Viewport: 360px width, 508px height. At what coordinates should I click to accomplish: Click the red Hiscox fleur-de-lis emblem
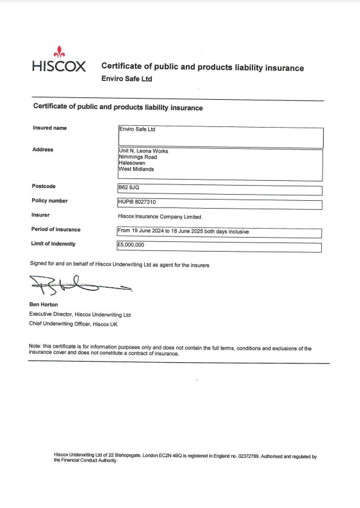click(x=58, y=51)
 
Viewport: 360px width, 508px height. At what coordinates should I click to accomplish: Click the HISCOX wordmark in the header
click(x=58, y=66)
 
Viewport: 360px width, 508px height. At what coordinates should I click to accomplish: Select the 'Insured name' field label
click(x=50, y=128)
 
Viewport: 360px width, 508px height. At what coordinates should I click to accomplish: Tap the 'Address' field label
click(x=42, y=149)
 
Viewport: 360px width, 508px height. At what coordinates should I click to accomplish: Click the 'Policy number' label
click(x=50, y=201)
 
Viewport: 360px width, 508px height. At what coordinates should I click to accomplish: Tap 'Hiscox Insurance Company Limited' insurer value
click(x=159, y=216)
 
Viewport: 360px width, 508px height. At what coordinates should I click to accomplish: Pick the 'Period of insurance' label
click(x=56, y=229)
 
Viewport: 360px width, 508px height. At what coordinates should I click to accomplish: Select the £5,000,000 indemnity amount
click(x=131, y=246)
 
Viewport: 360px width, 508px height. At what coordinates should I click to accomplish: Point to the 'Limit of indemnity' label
click(x=53, y=244)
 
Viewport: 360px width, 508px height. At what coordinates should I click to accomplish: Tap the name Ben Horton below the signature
click(x=44, y=304)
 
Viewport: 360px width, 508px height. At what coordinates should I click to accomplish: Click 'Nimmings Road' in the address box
click(x=137, y=157)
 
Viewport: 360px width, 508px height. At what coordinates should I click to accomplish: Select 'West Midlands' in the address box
click(x=136, y=169)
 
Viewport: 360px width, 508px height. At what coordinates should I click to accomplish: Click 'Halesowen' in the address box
click(x=133, y=163)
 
